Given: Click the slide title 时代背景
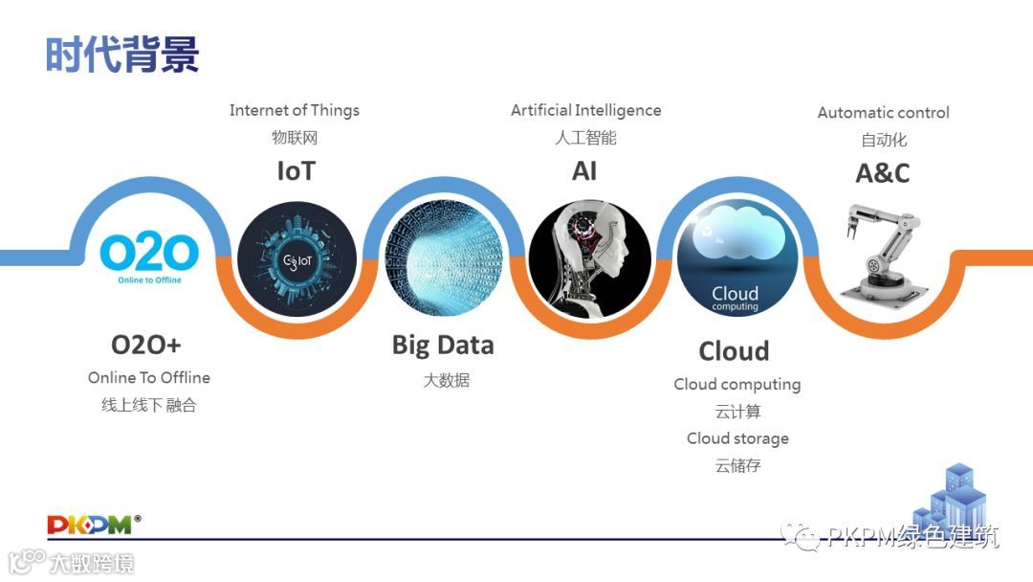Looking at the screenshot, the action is [122, 55].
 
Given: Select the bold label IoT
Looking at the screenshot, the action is [296, 171].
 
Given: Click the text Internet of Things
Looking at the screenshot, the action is [295, 110].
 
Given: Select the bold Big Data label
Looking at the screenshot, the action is [443, 345].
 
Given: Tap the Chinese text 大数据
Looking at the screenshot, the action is [446, 380].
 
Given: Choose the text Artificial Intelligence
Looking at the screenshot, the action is [585, 110].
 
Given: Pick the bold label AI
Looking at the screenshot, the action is [584, 171].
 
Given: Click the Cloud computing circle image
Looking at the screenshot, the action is [736, 257].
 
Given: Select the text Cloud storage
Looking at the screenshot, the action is [737, 438].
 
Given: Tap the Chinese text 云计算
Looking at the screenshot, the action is [737, 412].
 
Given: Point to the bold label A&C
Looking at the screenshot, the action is [882, 173].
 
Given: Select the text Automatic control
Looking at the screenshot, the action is [883, 112].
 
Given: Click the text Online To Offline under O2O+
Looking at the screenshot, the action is [149, 377].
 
